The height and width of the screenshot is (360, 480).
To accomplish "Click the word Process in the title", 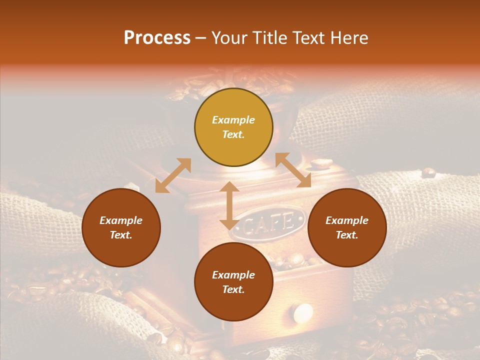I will tap(157, 38).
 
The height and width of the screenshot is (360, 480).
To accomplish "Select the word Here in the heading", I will tap(349, 38).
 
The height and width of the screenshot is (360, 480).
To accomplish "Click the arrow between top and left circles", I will tap(173, 175).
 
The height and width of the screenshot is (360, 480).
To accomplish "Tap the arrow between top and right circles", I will tap(293, 170).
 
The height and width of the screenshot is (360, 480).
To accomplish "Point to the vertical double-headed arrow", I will tap(229, 205).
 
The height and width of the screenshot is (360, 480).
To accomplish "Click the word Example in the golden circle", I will tap(233, 120).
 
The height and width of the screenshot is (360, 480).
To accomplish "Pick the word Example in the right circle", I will tap(347, 220).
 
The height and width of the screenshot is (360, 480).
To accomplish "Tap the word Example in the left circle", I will tap(121, 220).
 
